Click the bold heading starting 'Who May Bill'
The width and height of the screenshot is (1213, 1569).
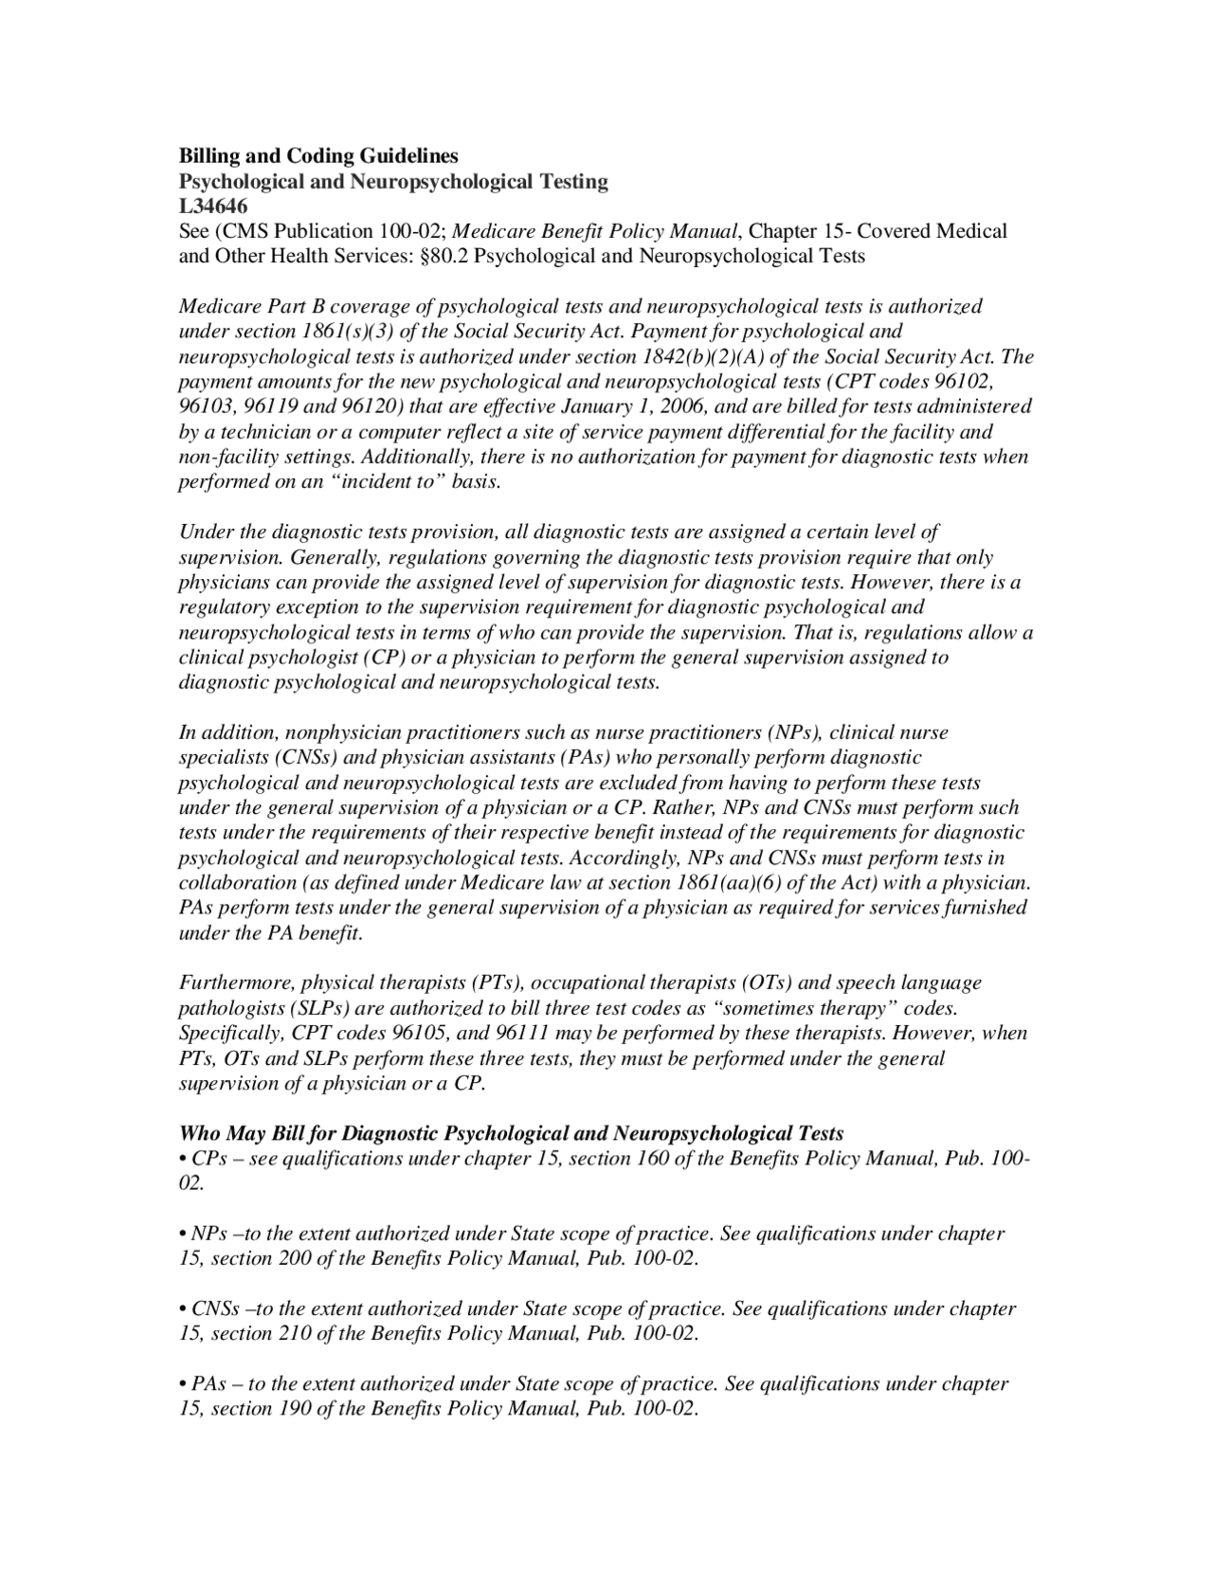(511, 1133)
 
